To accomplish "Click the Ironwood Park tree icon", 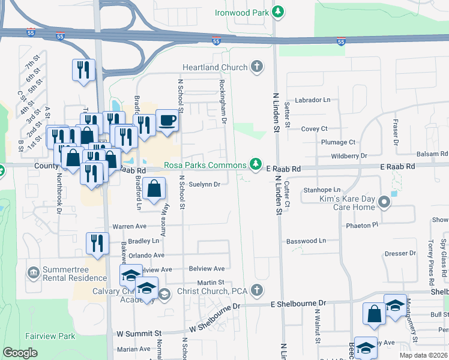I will tap(277, 12).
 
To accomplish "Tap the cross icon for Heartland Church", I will tap(257, 66).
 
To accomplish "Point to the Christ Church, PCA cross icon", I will tap(257, 291).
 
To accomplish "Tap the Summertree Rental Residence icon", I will tap(33, 274).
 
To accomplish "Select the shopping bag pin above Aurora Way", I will tap(154, 188).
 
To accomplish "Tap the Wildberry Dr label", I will tap(349, 156).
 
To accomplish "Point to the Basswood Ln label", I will tap(306, 241).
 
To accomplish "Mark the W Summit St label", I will tap(139, 332).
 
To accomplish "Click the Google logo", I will tap(20, 353).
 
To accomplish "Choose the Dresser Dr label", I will tap(396, 254).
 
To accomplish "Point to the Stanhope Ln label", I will tap(322, 190).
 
